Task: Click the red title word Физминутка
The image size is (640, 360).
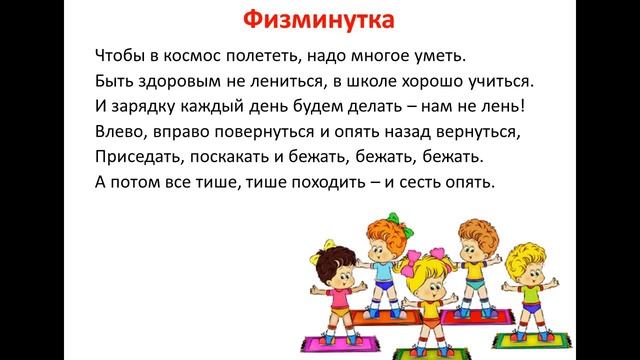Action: [x=319, y=19]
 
